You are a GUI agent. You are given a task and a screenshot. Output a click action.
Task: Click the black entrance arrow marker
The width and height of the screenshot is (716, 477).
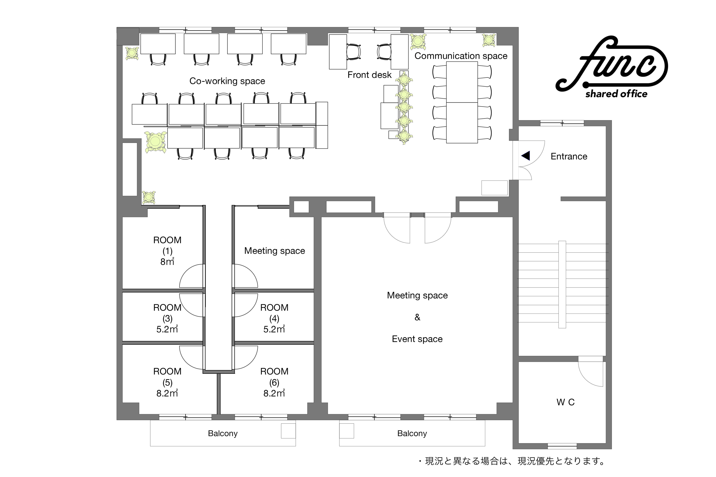pyautogui.click(x=526, y=156)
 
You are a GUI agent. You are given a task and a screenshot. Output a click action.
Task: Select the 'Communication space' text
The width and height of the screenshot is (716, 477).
pyautogui.click(x=461, y=56)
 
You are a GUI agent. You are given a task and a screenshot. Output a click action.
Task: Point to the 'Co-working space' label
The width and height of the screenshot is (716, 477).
pyautogui.click(x=227, y=81)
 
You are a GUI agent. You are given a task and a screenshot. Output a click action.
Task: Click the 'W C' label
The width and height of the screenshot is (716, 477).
pyautogui.click(x=566, y=402)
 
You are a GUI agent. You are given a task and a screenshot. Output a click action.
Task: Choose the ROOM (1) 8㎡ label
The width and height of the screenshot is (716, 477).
pyautogui.click(x=167, y=251)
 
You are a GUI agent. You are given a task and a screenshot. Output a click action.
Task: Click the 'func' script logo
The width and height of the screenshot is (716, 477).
pyautogui.click(x=612, y=64)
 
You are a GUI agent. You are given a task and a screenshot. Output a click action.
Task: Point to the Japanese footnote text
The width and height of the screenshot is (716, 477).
pyautogui.click(x=511, y=461)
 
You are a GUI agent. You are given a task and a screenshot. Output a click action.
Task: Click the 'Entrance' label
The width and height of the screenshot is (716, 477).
pyautogui.click(x=569, y=156)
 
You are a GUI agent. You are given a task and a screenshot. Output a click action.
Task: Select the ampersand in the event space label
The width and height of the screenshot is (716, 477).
pyautogui.click(x=417, y=317)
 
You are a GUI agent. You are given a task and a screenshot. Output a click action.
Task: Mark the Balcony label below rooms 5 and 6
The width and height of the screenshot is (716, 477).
pyautogui.click(x=223, y=434)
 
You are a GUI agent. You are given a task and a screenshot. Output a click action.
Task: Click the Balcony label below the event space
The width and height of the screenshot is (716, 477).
pyautogui.click(x=412, y=434)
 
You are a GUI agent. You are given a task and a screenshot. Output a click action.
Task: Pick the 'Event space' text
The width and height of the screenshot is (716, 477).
pyautogui.click(x=417, y=339)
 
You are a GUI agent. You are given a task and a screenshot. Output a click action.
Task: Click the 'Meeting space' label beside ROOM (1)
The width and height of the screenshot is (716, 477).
pyautogui.click(x=275, y=251)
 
